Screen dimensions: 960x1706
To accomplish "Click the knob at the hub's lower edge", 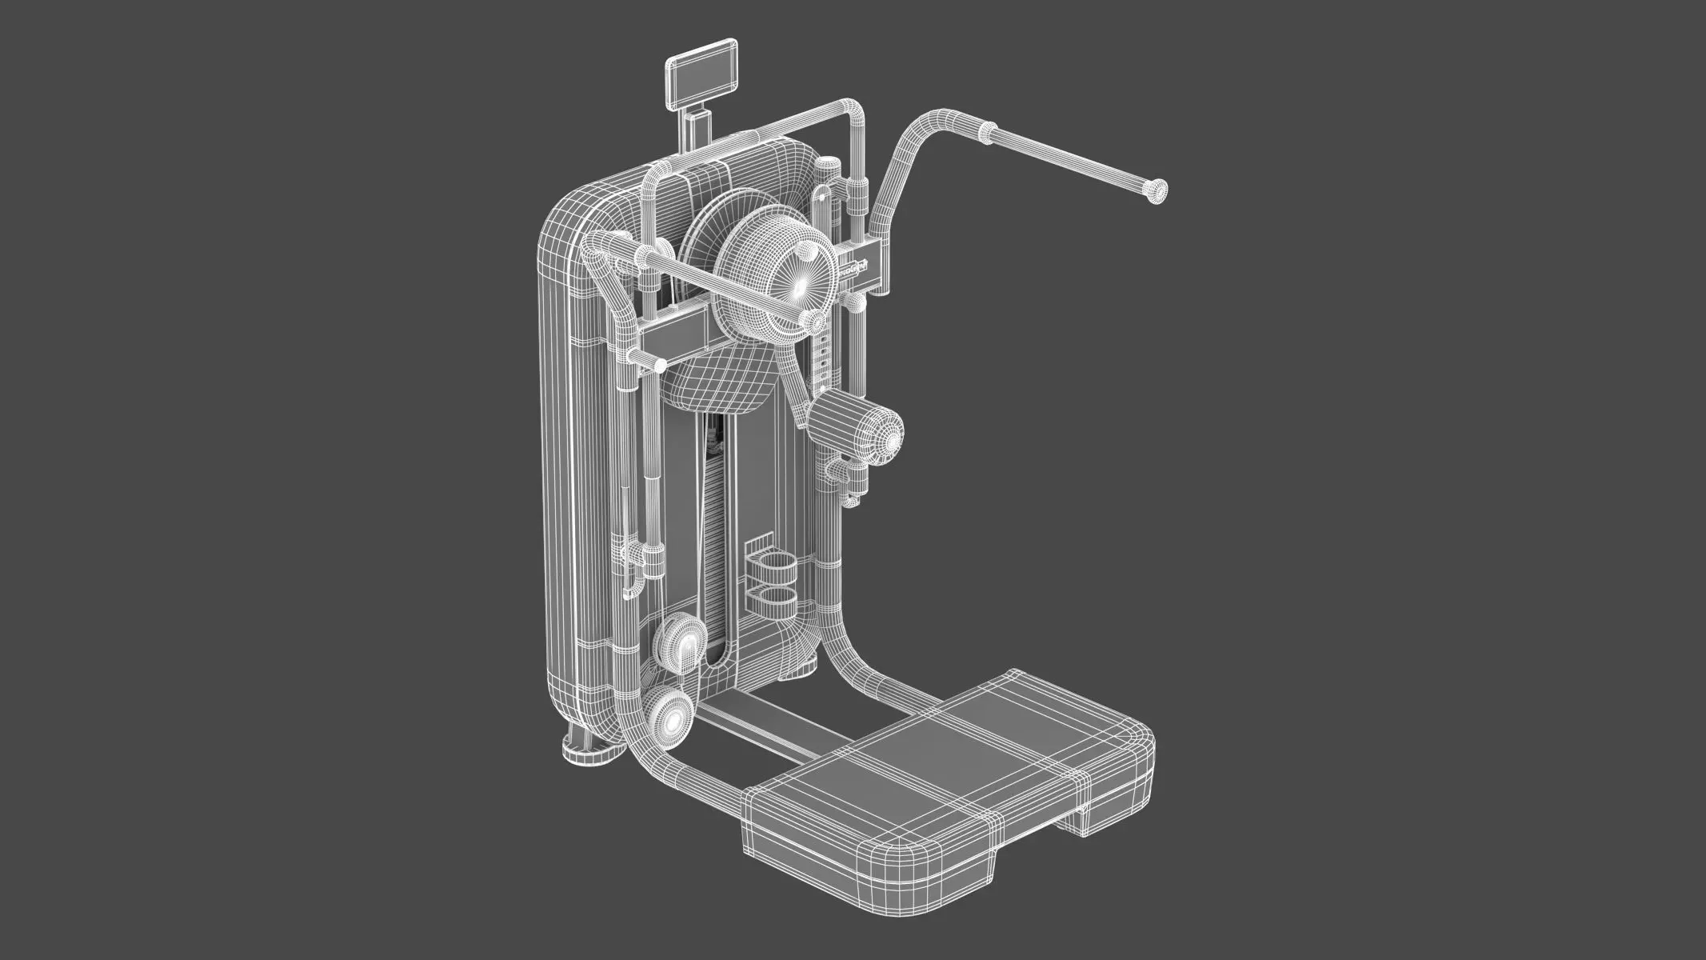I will point(814,322).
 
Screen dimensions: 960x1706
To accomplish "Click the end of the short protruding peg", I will point(659,366).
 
